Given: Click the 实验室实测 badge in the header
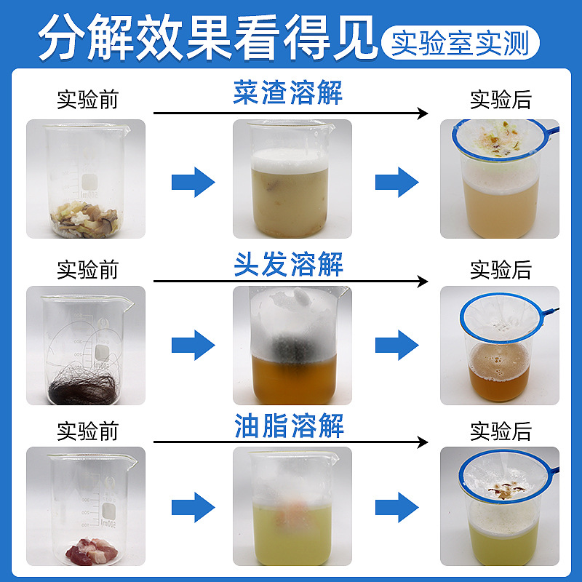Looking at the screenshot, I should point(460,42).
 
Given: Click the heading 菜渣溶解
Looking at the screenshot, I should point(288,95).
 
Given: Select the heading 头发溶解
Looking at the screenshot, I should point(288,264).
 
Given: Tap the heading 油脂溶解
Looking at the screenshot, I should point(288,426).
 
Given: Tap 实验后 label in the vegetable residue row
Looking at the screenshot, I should point(501,100).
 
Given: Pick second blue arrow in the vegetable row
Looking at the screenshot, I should point(397,181).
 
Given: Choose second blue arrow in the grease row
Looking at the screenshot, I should point(397,507).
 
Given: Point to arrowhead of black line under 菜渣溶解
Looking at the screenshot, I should point(422,113).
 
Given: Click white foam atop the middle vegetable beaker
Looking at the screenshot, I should point(291,159).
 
